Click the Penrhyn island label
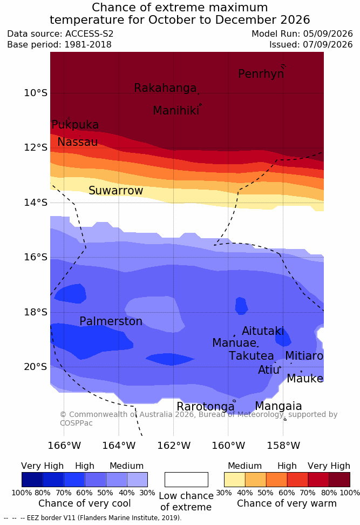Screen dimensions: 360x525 pyautogui.click(x=261, y=73)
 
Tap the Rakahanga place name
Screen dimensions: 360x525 pyautogui.click(x=165, y=87)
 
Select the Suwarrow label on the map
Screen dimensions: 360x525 pyautogui.click(x=116, y=190)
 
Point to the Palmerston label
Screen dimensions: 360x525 pyautogui.click(x=111, y=321)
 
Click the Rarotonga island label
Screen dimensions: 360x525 pyautogui.click(x=206, y=407)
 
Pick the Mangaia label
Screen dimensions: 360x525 pyautogui.click(x=279, y=406)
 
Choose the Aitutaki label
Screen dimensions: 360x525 pyautogui.click(x=263, y=331)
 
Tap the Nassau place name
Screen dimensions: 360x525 pyautogui.click(x=78, y=142)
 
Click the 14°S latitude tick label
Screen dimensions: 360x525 pyautogui.click(x=36, y=202)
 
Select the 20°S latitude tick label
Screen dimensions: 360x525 pyautogui.click(x=36, y=367)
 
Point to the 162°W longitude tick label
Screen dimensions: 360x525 pyautogui.click(x=174, y=446)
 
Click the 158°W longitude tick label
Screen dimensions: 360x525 pyautogui.click(x=283, y=446)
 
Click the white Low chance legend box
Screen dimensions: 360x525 pyautogui.click(x=186, y=480)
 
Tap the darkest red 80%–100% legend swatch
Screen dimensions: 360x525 pyautogui.click(x=339, y=480)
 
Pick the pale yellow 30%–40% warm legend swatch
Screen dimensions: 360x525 pyautogui.click(x=235, y=480)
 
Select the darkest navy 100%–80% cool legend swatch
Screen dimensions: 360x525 pyautogui.click(x=32, y=480)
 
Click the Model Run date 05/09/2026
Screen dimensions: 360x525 pyautogui.click(x=328, y=34)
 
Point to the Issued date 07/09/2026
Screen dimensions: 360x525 pyautogui.click(x=328, y=44)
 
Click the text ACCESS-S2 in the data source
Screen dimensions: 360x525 pyautogui.click(x=90, y=34)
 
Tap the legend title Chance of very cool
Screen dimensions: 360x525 pyautogui.click(x=85, y=503)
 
